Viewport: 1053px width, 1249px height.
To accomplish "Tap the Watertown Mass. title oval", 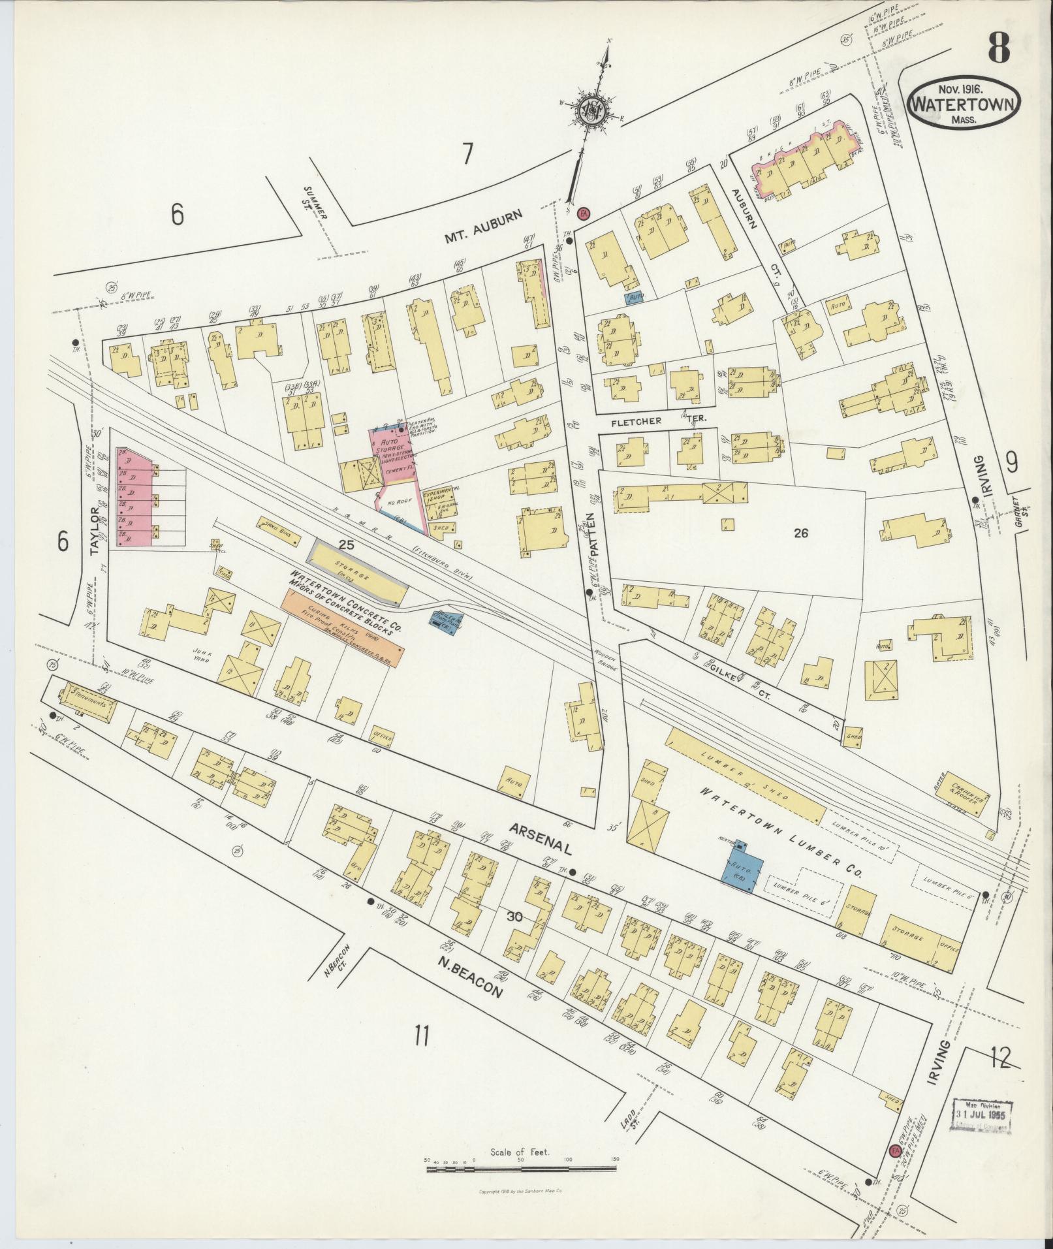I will pyautogui.click(x=963, y=104).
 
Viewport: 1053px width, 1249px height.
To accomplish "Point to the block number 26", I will pyautogui.click(x=801, y=533).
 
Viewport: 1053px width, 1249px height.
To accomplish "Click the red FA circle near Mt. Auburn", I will pyautogui.click(x=584, y=213).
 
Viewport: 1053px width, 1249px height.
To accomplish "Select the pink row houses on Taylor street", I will pyautogui.click(x=134, y=496).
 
